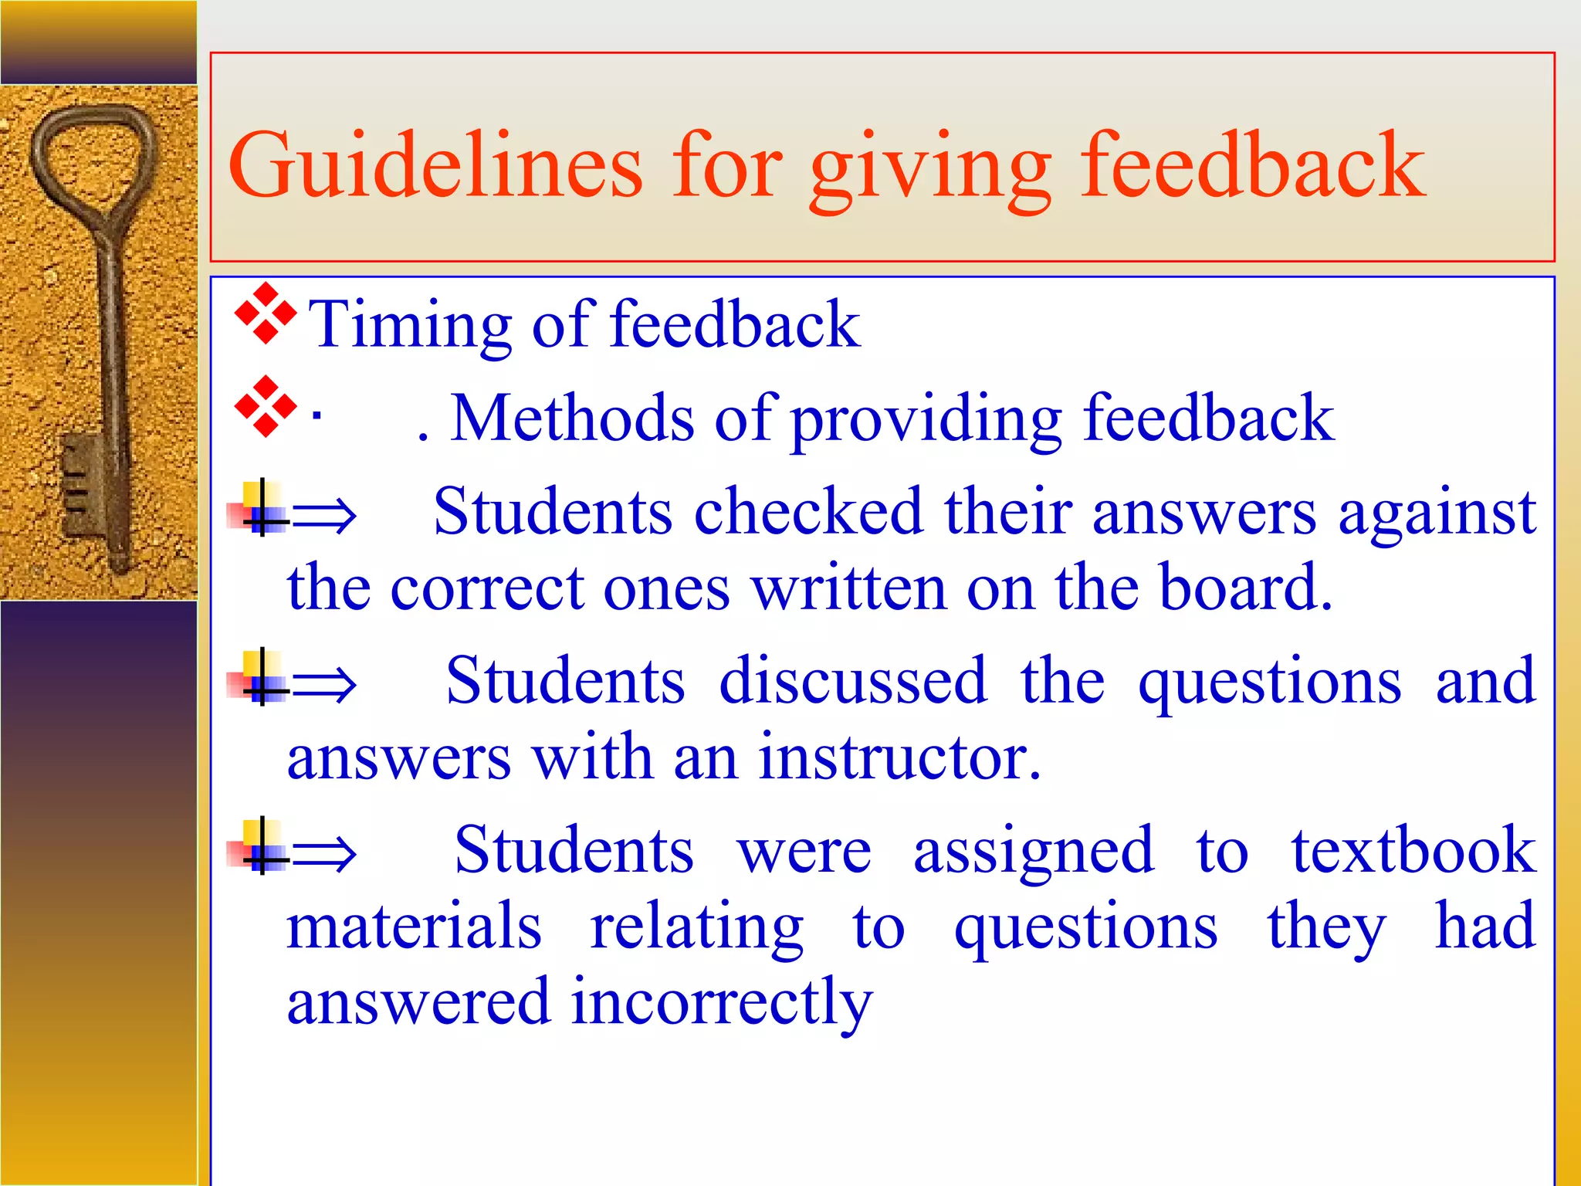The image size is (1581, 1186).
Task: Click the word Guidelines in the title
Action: (x=435, y=164)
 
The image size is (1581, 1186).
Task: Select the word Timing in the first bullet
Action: (x=409, y=325)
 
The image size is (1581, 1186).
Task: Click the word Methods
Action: (x=572, y=418)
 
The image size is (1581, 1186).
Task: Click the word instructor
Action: (x=899, y=757)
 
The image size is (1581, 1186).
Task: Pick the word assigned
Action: (x=1033, y=850)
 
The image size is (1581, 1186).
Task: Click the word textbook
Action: (x=1413, y=850)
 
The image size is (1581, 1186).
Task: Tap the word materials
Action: (x=414, y=926)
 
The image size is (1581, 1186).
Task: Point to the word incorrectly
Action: (x=722, y=1003)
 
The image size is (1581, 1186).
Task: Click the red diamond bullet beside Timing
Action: (x=266, y=313)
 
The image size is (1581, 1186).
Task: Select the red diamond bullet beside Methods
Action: (x=266, y=407)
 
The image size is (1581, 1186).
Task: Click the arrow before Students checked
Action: (x=324, y=516)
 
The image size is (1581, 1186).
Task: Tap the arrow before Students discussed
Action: (x=324, y=684)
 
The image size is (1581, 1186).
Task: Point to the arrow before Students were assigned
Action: (x=324, y=853)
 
